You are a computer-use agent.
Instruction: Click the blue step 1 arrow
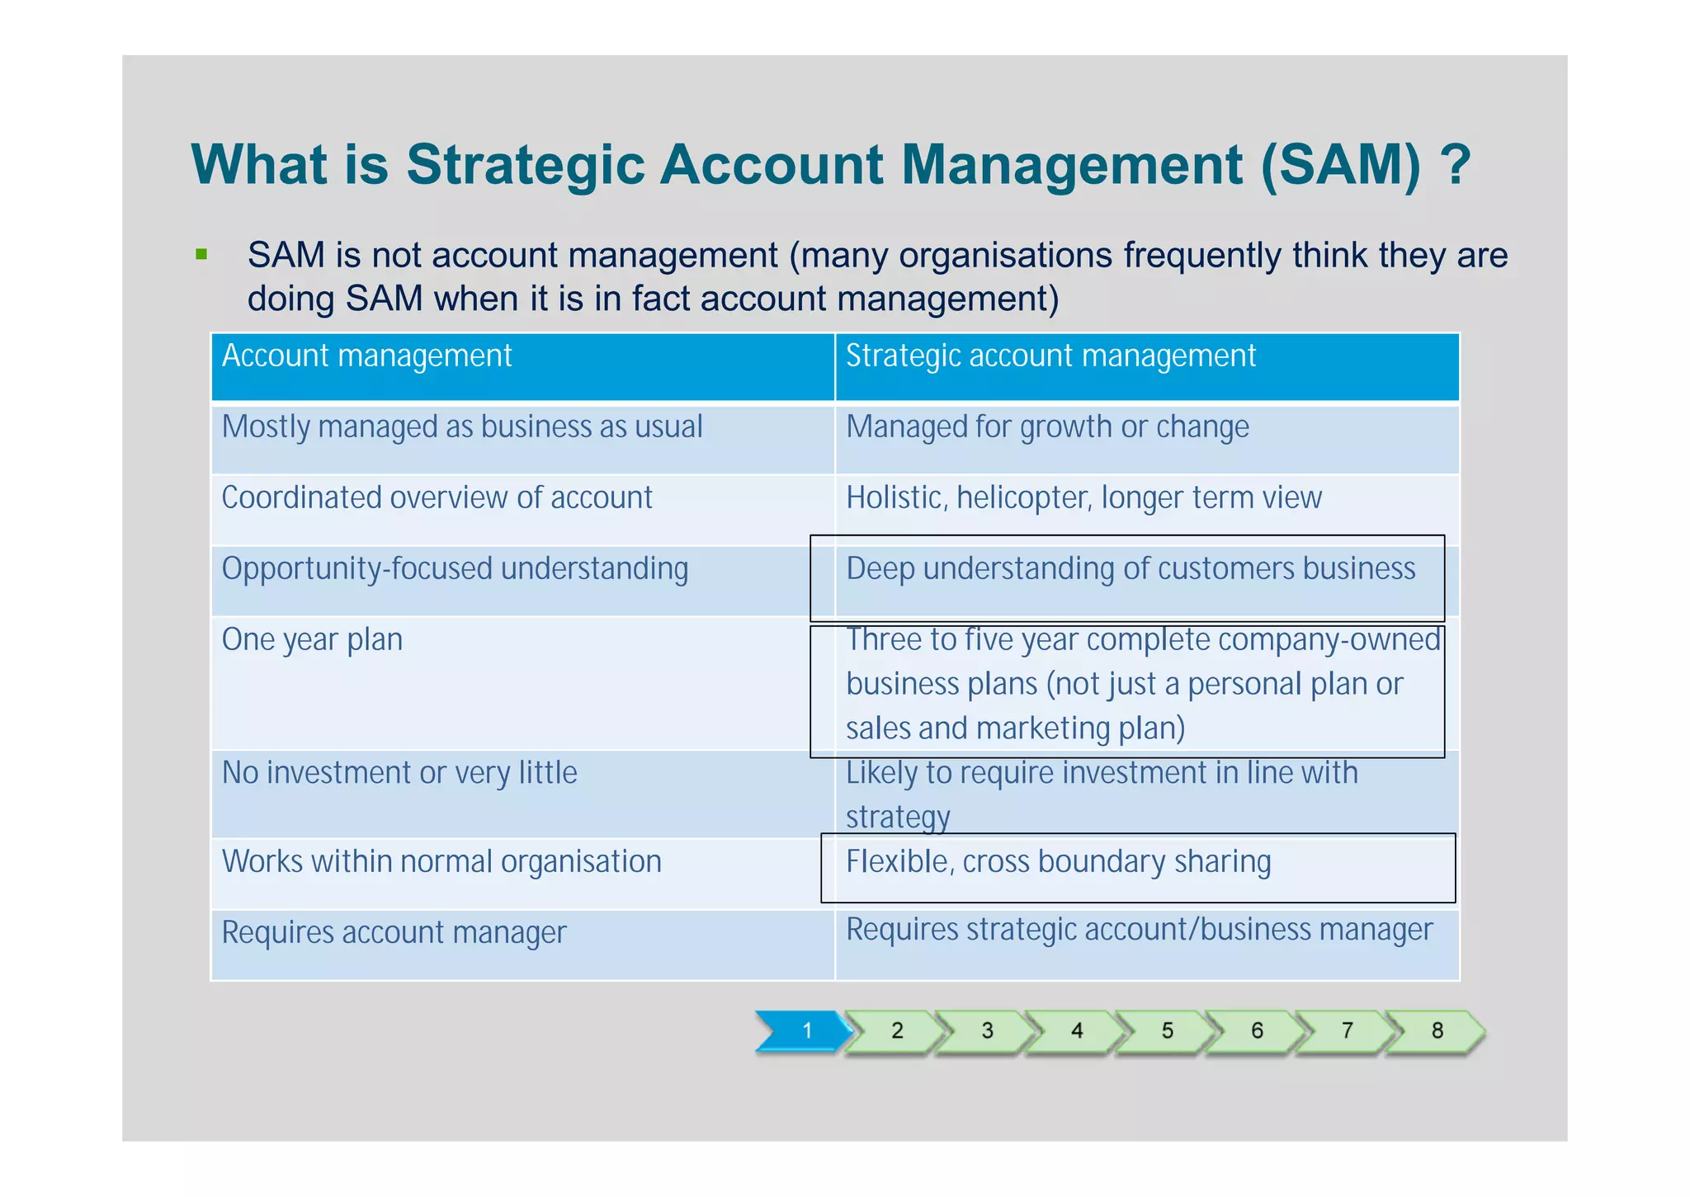click(x=805, y=1030)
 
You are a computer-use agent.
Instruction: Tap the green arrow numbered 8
click(x=1437, y=1030)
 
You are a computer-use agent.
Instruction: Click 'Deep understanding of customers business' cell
click(x=1131, y=569)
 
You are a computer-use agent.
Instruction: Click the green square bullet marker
click(x=201, y=254)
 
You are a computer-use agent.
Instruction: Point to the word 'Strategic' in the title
click(x=525, y=165)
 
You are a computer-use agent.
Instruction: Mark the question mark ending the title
click(x=1456, y=165)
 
